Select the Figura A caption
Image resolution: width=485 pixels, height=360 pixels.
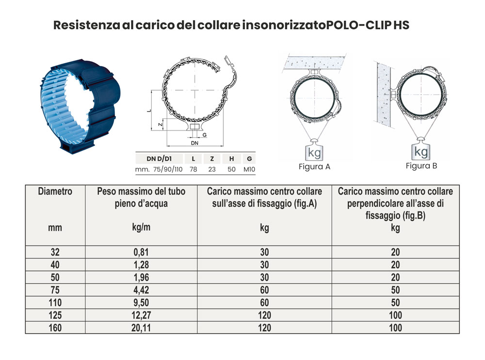(314, 167)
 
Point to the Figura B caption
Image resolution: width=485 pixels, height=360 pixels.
(421, 165)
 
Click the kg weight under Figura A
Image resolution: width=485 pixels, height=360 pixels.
(314, 152)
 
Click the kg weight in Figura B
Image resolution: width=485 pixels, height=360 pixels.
(421, 151)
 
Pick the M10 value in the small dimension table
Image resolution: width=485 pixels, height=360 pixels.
(249, 169)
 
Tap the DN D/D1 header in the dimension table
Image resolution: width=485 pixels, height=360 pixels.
(159, 159)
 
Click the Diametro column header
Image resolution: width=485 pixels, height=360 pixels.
(55, 191)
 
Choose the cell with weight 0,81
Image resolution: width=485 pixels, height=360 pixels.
(141, 252)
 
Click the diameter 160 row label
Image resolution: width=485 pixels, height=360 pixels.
(55, 327)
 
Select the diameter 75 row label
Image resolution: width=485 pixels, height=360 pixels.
(55, 290)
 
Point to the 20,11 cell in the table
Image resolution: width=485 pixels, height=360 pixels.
(141, 327)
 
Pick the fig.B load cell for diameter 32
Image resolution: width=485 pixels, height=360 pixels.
(395, 252)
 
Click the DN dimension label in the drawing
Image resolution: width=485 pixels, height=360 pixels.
(194, 144)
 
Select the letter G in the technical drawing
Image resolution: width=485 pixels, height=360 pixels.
(204, 134)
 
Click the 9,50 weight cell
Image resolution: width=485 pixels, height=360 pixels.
(141, 302)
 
